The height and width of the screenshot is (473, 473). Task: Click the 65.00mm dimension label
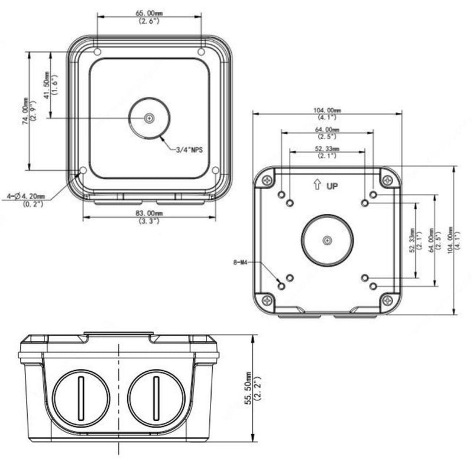149,12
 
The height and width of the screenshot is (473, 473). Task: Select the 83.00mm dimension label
149,212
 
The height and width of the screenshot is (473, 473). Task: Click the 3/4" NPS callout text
189,151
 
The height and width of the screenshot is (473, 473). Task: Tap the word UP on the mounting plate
332,186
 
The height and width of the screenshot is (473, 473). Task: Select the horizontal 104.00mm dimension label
326,111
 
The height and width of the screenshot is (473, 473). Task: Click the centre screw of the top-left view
150,118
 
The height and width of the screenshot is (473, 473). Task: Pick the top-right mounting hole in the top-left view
202,52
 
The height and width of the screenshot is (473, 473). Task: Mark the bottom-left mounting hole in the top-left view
83,171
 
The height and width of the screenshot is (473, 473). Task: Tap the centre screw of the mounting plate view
327,240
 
